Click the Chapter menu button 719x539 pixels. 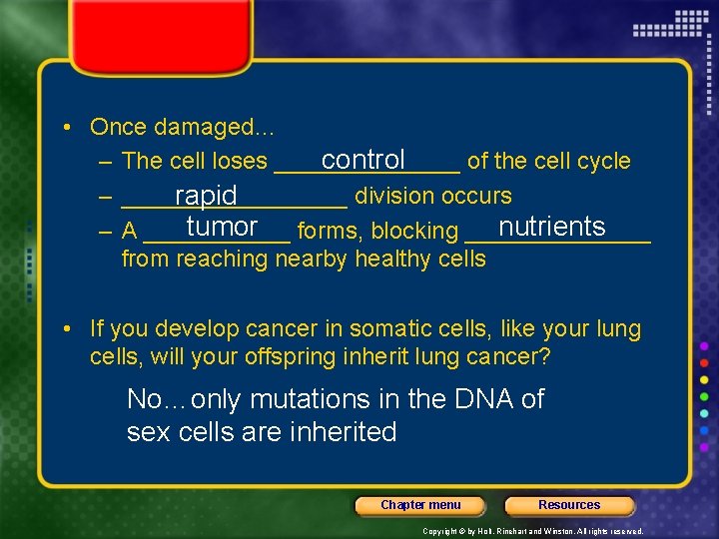pos(420,505)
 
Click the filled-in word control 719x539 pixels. pos(362,160)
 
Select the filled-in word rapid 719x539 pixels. pos(206,196)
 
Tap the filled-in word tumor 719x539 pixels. pos(222,227)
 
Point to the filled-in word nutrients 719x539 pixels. pos(552,227)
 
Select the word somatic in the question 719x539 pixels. pos(418,328)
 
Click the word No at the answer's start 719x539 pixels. pos(144,399)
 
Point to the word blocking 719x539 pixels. pos(414,232)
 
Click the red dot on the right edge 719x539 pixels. pos(704,363)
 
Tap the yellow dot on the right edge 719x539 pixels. pos(704,380)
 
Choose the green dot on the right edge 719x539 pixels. pos(704,396)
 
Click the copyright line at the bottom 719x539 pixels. pos(532,532)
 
